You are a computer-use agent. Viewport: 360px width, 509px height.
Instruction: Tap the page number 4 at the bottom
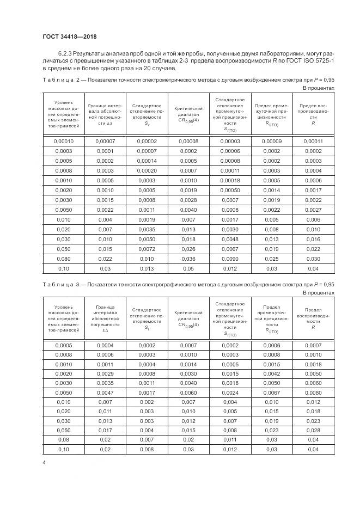point(44,462)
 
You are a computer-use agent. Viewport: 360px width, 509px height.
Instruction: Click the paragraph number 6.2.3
point(67,54)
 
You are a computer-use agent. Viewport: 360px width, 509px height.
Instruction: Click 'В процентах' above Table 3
point(318,292)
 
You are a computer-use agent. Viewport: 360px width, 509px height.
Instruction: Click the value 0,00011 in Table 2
point(312,141)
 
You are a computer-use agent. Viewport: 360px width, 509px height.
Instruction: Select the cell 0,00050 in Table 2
point(230,190)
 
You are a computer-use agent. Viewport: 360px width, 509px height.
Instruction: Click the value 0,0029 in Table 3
point(105,375)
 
